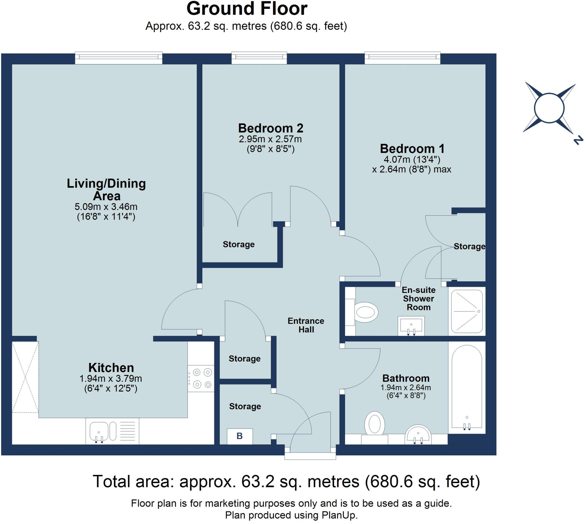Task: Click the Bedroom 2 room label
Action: pos(270,128)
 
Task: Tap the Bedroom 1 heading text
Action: pos(412,148)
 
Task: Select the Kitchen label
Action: pos(111,368)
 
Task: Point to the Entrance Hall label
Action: pos(306,325)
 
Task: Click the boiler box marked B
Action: pos(239,436)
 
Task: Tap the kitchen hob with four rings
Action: pos(201,378)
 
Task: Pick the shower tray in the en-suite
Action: pos(467,311)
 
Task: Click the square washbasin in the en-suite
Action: pos(411,325)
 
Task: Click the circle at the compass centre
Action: pos(549,108)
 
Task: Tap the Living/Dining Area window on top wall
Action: pos(119,58)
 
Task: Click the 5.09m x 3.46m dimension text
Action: pos(106,207)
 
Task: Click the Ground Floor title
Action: pos(247,9)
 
